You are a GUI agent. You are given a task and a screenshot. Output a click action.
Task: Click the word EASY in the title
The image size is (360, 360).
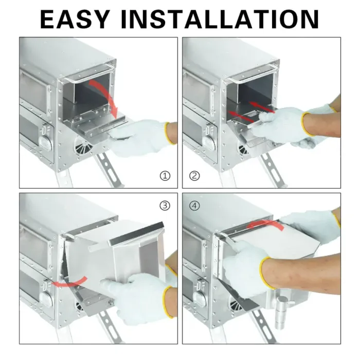[x=75, y=20]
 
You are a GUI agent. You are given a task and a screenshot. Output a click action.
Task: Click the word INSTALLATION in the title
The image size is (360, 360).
[x=220, y=20]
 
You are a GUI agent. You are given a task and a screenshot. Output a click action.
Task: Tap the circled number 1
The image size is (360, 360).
[x=165, y=176]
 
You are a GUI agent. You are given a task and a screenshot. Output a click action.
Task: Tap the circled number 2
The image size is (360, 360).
[x=194, y=176]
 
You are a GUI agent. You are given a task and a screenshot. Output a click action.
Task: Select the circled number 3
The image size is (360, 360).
[x=165, y=206]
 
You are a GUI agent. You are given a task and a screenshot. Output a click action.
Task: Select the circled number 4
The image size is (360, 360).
[x=194, y=206]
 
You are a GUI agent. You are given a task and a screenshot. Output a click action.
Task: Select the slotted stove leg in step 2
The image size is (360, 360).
[x=274, y=170]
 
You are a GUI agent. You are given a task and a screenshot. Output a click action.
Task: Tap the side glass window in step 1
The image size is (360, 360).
[x=34, y=92]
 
